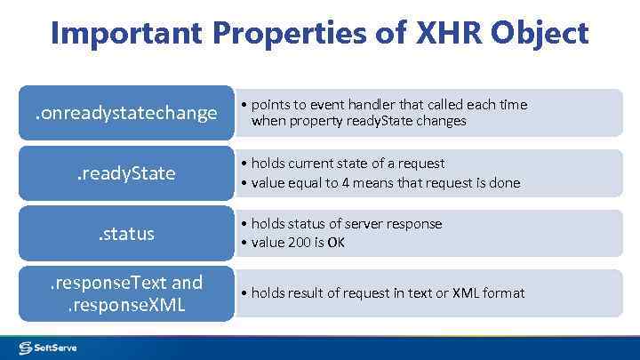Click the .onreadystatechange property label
coord(125,113)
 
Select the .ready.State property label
coord(125,173)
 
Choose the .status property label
coord(125,234)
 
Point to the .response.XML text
coord(125,304)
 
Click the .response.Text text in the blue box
coord(107,283)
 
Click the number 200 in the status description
coord(301,243)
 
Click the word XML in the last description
coord(465,292)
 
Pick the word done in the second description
coord(504,182)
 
